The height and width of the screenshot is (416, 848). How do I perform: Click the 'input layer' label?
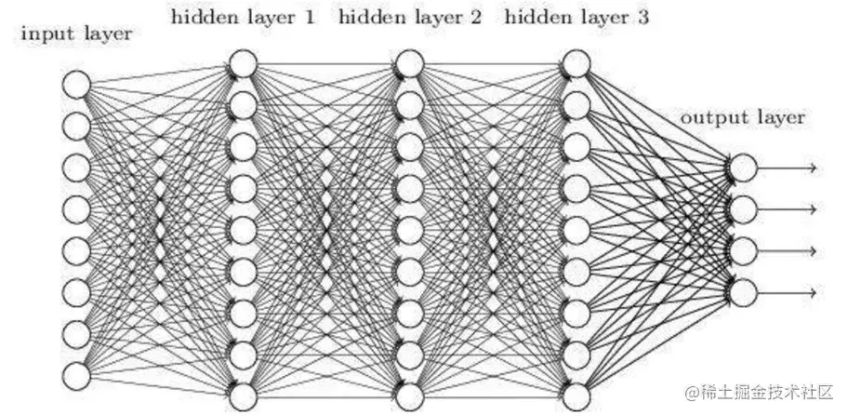point(76,35)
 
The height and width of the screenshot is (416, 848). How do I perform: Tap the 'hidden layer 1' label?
point(244,16)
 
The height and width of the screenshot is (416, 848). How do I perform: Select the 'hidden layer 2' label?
point(410,16)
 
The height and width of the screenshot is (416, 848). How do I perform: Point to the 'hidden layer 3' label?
point(576,16)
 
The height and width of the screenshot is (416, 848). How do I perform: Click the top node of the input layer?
point(76,85)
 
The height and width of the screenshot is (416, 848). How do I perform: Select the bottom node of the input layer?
point(76,375)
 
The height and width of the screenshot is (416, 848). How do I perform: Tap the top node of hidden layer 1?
point(243,63)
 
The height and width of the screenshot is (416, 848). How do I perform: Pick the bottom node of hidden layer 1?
point(243,396)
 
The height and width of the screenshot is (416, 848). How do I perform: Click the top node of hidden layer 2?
point(409,63)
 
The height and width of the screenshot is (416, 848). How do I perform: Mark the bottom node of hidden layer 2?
point(409,396)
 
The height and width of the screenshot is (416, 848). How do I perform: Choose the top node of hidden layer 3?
point(576,63)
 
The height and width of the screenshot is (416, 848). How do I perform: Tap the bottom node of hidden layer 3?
point(576,396)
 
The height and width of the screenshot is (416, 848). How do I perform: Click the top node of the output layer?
point(742,168)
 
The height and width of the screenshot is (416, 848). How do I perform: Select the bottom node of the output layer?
point(742,292)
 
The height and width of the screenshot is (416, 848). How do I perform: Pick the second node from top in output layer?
point(742,209)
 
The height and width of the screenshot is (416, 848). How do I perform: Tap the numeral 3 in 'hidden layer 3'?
point(643,16)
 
